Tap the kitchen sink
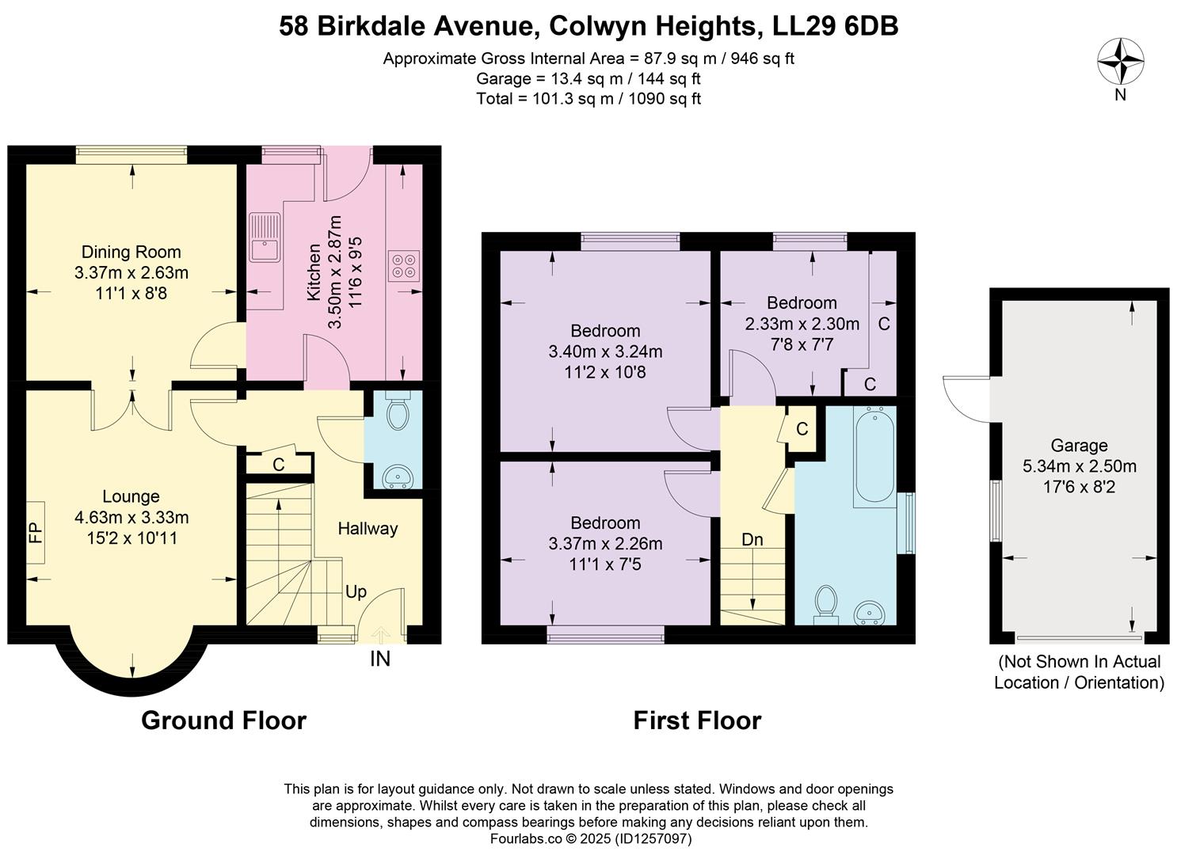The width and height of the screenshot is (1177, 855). [x=265, y=237]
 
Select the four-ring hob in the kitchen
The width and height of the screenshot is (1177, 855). [x=403, y=266]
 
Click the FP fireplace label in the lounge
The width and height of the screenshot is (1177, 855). [x=36, y=533]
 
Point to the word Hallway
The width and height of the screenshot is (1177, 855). [x=368, y=528]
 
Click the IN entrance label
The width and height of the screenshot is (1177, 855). [x=380, y=659]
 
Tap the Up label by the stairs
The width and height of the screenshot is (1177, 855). [x=356, y=592]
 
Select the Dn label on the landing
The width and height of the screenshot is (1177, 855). [x=752, y=539]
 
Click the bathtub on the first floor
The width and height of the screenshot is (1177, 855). [x=874, y=456]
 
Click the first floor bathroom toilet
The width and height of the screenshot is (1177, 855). [x=825, y=605]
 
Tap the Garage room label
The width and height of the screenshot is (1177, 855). [x=1079, y=446]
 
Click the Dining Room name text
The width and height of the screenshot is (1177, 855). [x=131, y=252]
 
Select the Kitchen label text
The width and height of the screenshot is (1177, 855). [x=313, y=272]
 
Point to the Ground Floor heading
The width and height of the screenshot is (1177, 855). [x=224, y=720]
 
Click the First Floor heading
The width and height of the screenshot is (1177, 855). [x=697, y=720]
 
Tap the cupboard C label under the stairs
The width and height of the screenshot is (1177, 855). [x=279, y=464]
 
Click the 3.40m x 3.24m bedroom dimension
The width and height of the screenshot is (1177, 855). [x=605, y=351]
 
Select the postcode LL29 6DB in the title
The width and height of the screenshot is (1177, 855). [x=835, y=26]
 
